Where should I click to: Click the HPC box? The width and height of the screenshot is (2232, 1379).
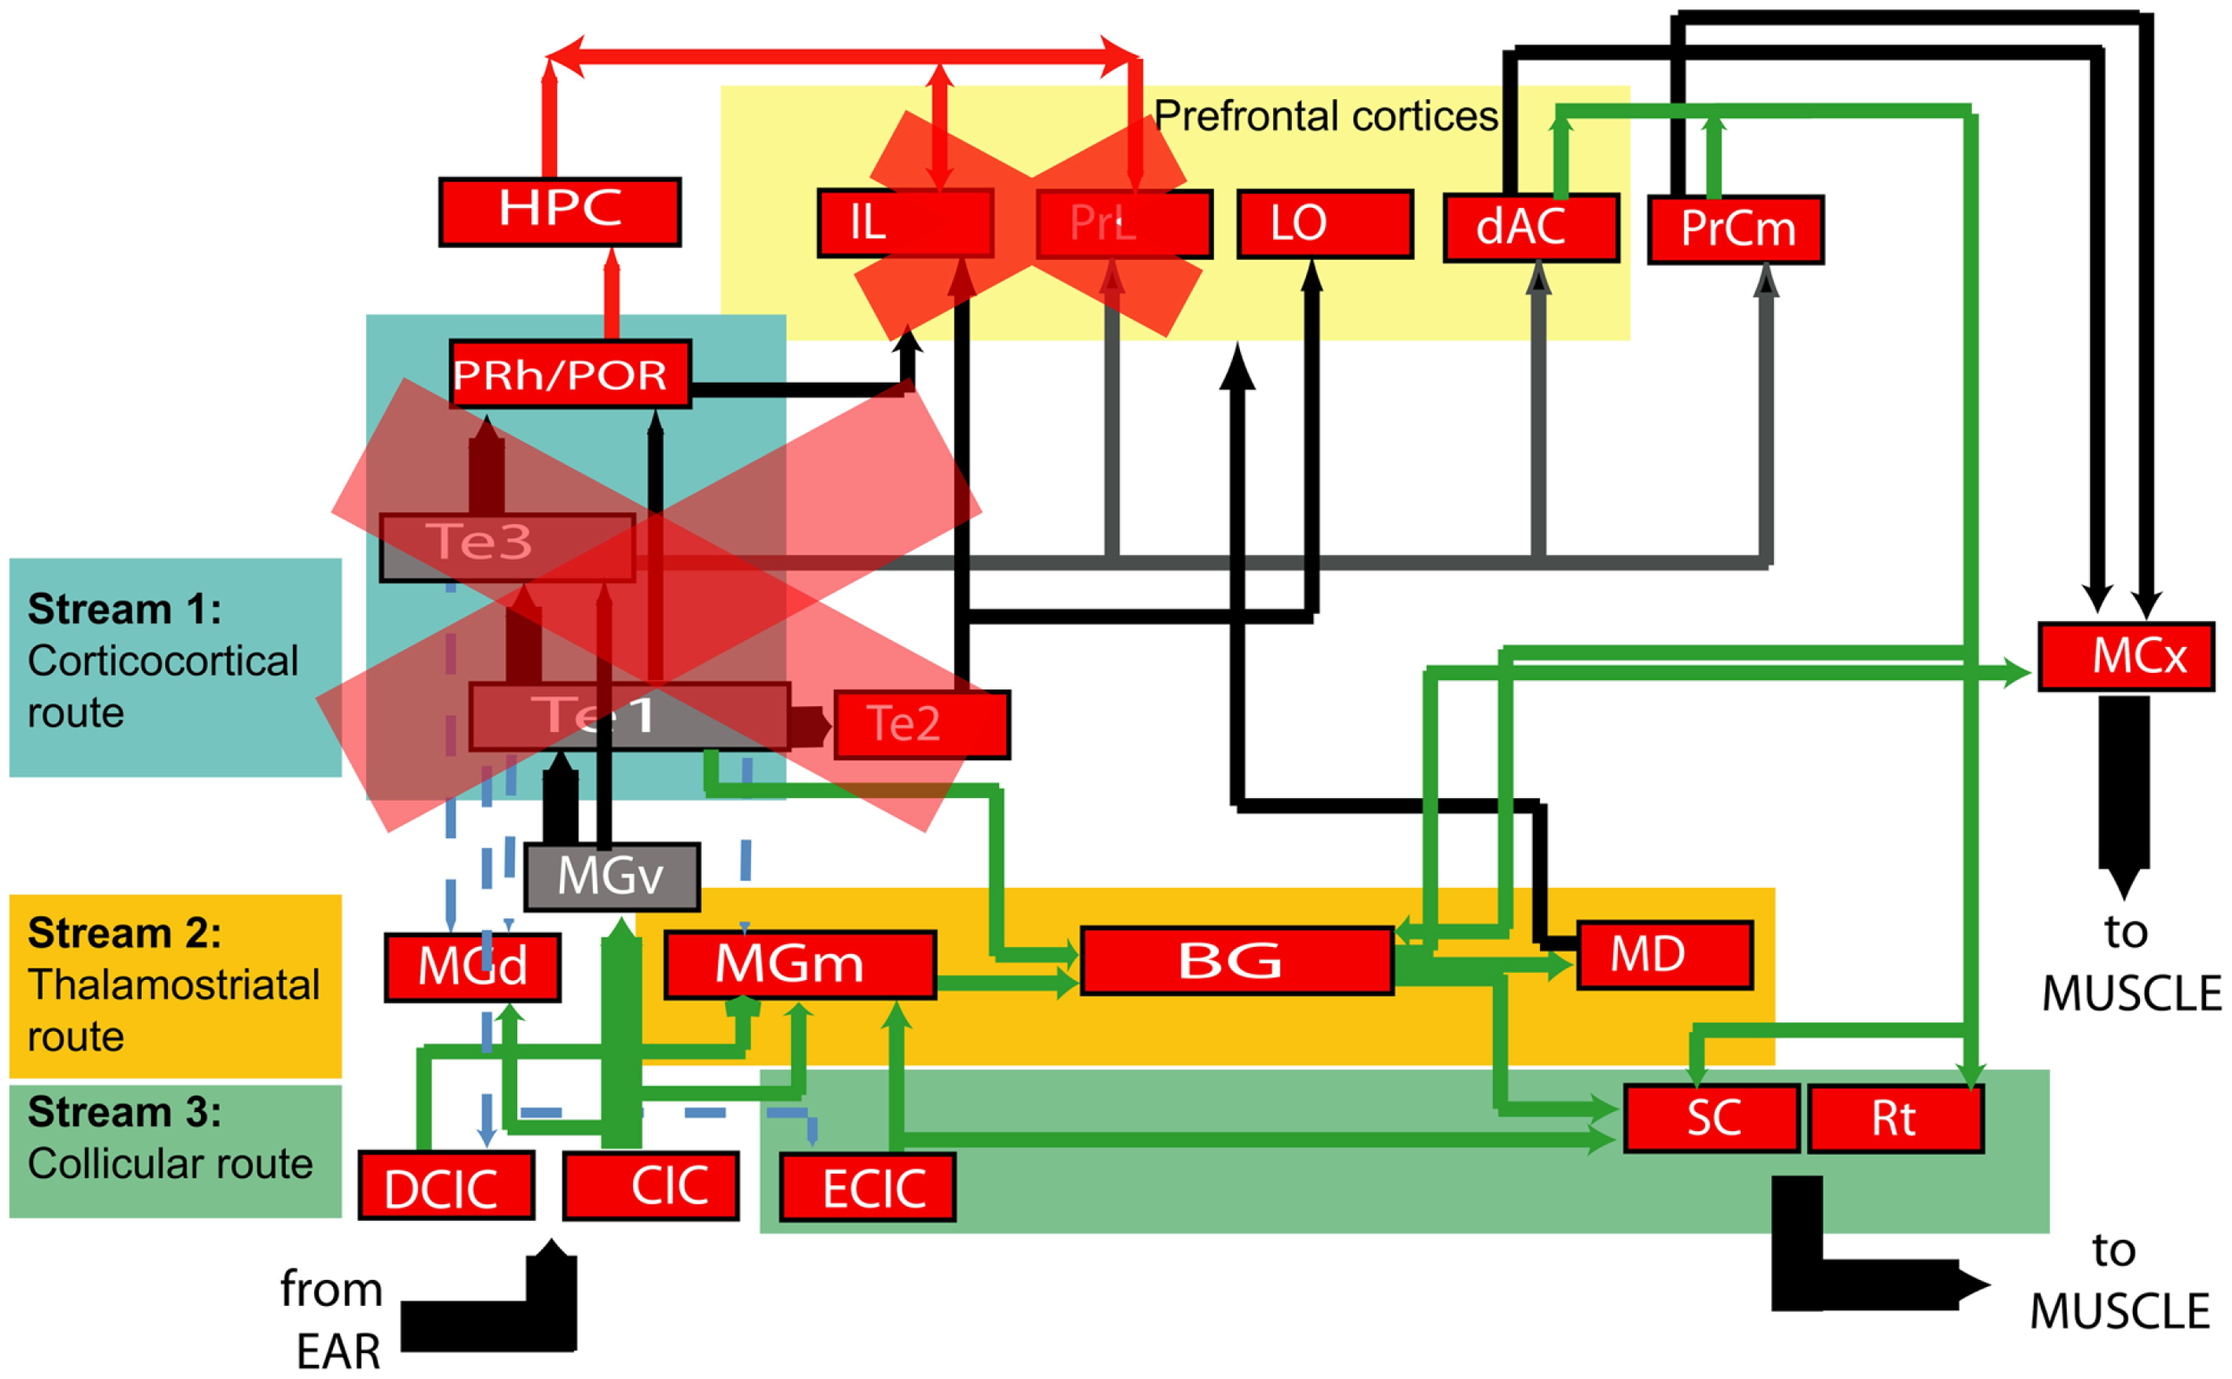[559, 212]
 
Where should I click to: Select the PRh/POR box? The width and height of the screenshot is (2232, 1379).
[570, 373]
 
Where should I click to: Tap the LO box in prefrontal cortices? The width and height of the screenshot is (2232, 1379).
[1324, 223]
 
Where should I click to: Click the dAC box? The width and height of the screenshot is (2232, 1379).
[1530, 227]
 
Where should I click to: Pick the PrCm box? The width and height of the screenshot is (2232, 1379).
[1736, 228]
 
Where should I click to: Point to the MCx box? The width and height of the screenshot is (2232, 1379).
[2125, 656]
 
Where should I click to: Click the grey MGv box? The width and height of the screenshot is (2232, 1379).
[612, 876]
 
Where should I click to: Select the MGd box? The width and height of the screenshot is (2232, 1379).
[472, 967]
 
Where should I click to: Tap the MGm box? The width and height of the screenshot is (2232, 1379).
[800, 964]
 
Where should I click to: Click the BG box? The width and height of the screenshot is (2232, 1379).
[1236, 960]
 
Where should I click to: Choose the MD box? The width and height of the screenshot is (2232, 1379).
[1664, 954]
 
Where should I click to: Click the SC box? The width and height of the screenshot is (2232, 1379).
[1711, 1117]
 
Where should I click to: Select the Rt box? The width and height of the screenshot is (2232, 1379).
[1895, 1118]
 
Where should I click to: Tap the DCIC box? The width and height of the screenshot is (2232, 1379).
[446, 1184]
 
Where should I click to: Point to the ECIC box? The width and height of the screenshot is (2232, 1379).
[868, 1186]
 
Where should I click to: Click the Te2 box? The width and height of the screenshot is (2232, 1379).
[921, 724]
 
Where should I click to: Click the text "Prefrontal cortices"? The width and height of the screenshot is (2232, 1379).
[1324, 116]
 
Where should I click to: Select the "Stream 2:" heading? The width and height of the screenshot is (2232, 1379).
[125, 933]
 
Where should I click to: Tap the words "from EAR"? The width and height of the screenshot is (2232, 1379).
[333, 1319]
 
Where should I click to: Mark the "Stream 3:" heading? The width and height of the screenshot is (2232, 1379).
[125, 1112]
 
